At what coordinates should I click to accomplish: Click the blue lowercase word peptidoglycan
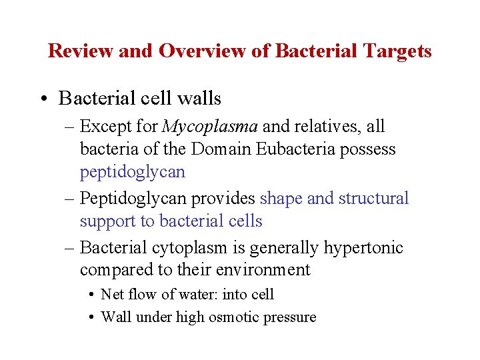pos(133,172)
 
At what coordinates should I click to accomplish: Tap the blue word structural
pos(375,199)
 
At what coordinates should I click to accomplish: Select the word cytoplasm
pos(193,248)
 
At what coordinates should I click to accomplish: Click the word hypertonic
pos(363,248)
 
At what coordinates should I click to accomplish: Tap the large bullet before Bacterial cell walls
pos(43,99)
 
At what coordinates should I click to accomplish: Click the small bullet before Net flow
pos(91,295)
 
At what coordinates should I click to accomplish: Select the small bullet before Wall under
pos(91,317)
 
